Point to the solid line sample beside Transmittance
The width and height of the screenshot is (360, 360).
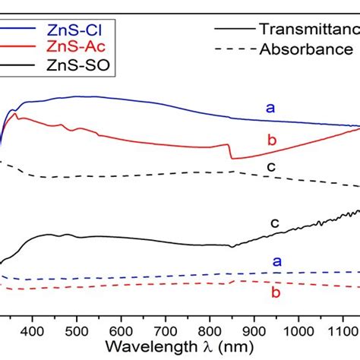pos(235,30)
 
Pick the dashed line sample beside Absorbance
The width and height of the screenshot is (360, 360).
pos(235,50)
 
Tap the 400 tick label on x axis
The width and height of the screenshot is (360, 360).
pos(31,330)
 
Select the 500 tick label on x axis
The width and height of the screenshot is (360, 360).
pos(76,330)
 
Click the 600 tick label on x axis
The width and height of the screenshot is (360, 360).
pos(121,330)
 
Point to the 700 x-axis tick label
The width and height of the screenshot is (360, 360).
pos(166,330)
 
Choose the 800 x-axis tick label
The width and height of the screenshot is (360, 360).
pos(210,330)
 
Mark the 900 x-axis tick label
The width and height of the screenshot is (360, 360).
pos(255,330)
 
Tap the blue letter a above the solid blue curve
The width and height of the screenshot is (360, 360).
pos(270,108)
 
